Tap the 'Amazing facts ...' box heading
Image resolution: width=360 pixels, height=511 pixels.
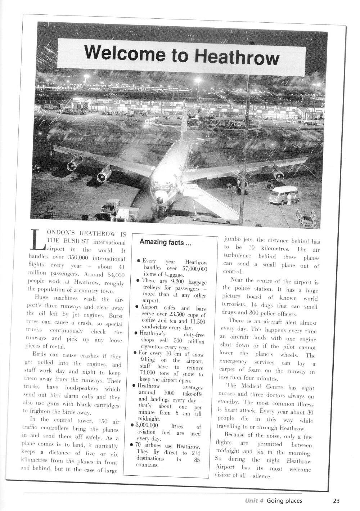pos(165,243)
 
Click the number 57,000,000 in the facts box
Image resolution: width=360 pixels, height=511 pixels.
pos(193,269)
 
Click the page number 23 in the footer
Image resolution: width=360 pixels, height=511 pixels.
pos(336,501)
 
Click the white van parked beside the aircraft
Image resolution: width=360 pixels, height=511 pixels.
pos(283,195)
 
